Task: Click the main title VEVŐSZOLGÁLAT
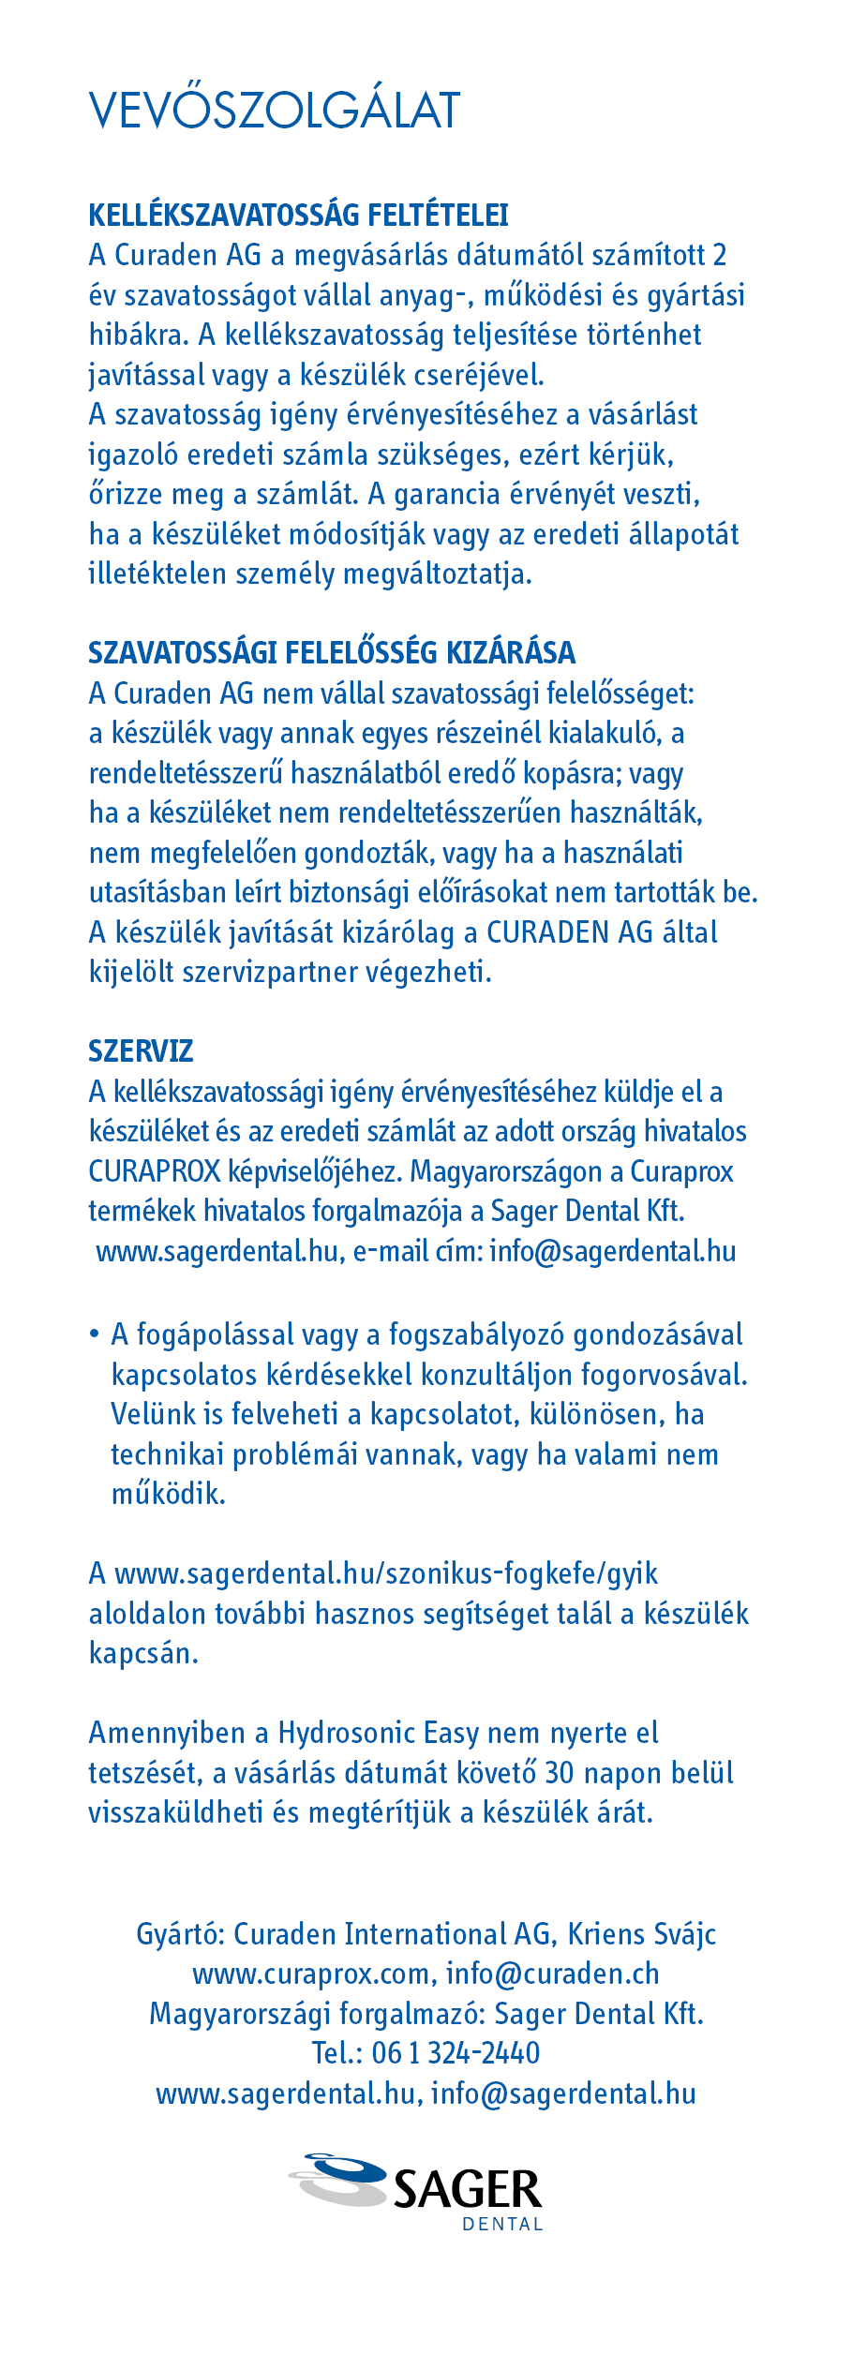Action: (275, 111)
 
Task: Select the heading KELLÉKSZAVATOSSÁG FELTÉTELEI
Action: (298, 215)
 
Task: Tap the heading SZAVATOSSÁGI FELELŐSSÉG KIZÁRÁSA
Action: (332, 652)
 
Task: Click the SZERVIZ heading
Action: (141, 1050)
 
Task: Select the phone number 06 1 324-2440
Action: (456, 2052)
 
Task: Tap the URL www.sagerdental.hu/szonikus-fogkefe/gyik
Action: (385, 1572)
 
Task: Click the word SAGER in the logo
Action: (467, 2190)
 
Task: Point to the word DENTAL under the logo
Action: (502, 2225)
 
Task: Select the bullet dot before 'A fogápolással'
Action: (94, 1333)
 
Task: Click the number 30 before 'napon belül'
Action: (560, 1772)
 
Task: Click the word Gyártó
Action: (180, 1933)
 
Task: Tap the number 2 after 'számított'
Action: (719, 255)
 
